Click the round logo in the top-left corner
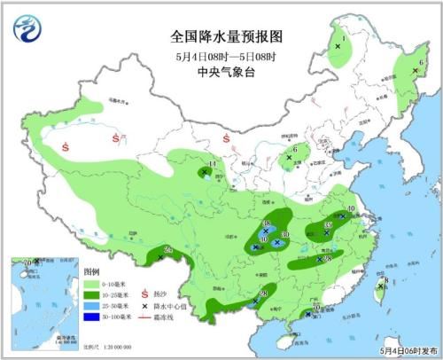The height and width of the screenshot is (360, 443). point(27,28)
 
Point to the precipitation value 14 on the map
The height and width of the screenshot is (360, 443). point(212,166)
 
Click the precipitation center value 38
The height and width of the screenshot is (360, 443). point(267,224)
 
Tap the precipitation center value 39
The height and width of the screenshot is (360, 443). point(329,226)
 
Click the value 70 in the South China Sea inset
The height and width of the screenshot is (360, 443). point(27,263)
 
